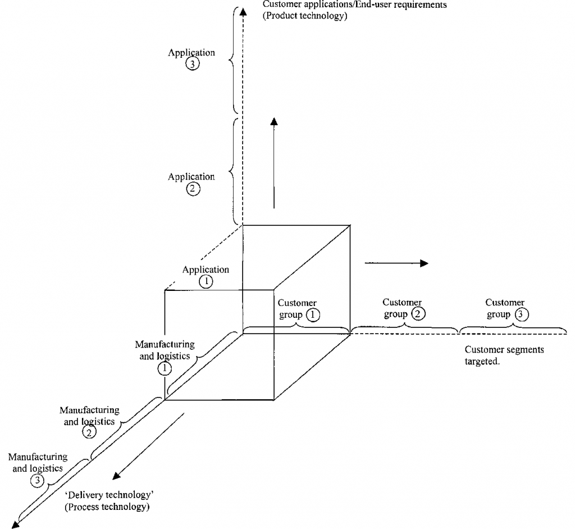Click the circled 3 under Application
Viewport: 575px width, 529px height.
pos(191,64)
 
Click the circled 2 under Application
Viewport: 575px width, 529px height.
pos(191,189)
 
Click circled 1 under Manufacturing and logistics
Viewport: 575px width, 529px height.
pos(165,368)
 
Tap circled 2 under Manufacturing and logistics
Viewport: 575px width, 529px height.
pos(89,432)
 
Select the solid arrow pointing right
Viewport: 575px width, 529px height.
pos(396,263)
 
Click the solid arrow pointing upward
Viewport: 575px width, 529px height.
pos(274,163)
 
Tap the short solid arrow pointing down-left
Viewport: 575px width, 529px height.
pos(148,446)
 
